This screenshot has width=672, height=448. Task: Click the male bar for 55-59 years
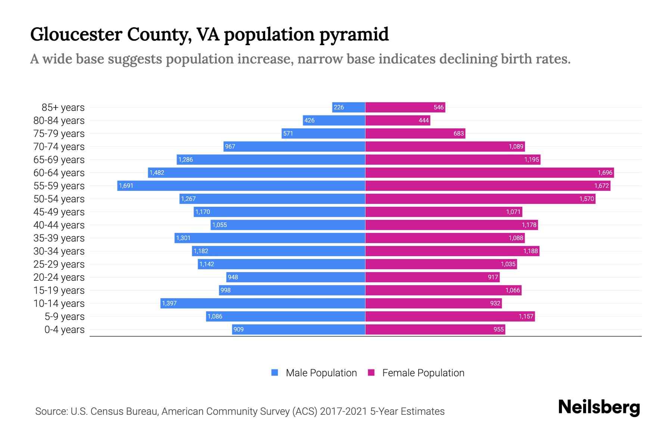point(241,186)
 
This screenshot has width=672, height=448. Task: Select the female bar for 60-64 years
point(489,172)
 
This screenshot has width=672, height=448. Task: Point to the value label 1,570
point(587,199)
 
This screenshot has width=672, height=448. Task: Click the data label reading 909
point(239,329)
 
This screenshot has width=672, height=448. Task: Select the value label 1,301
point(183,238)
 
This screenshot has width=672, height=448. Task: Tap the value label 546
point(439,107)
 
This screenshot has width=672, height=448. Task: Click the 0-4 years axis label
point(64,330)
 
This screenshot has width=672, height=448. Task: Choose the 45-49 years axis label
point(59,212)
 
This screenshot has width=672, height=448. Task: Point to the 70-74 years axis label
point(59,147)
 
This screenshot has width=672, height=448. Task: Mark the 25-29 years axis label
point(59,264)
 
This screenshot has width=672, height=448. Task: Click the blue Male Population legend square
point(275,373)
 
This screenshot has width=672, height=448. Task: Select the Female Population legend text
point(423,373)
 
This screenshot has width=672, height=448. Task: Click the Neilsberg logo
point(599,407)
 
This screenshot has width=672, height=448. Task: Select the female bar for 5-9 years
point(450,316)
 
